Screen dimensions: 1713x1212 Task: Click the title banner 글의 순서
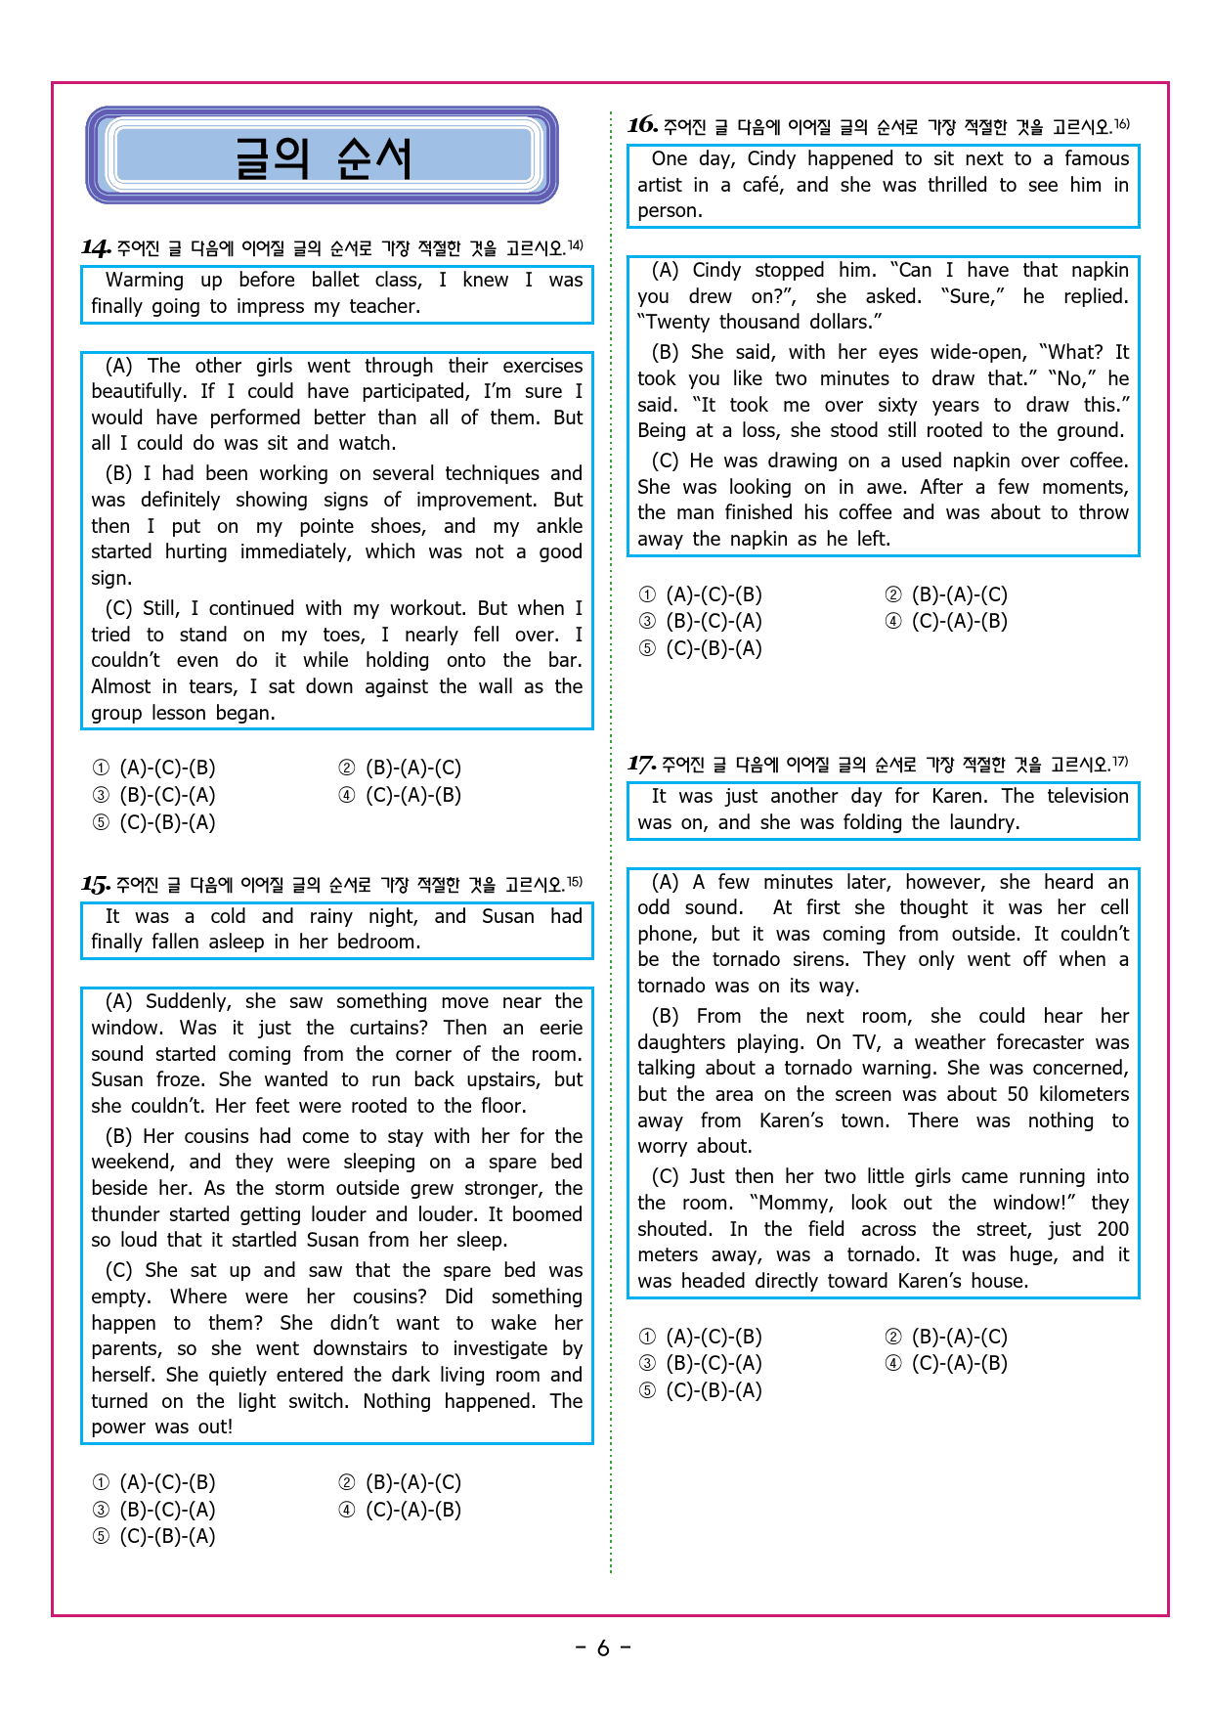pos(322,156)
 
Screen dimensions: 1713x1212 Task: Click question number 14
pos(95,247)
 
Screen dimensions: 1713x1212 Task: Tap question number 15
pos(95,885)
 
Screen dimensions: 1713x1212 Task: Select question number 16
pos(642,125)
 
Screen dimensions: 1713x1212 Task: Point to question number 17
pos(641,764)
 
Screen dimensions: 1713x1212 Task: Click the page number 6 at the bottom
pos(603,1648)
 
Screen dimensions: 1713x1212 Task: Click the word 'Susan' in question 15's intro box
pos(507,917)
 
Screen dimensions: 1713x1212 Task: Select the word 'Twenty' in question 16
pos(673,323)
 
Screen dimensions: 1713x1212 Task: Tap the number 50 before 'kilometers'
pos(1017,1094)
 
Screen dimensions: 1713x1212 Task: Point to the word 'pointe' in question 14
pos(326,526)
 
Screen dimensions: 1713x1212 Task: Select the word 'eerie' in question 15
pos(561,1029)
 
